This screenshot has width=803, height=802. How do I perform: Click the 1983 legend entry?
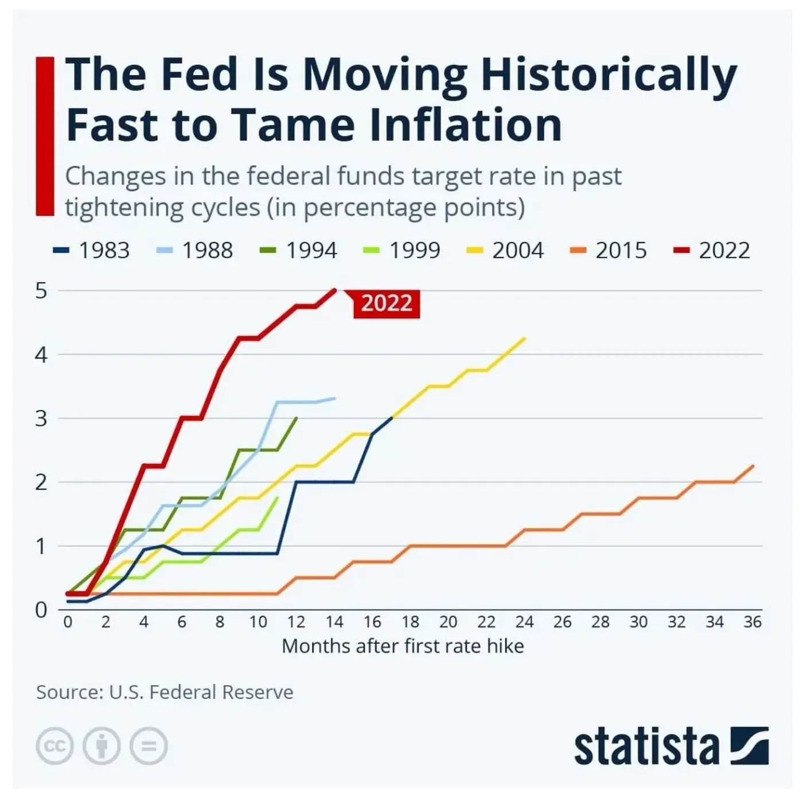[92, 251]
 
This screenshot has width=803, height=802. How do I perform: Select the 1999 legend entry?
[403, 251]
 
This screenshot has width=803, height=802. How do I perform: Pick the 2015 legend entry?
[609, 251]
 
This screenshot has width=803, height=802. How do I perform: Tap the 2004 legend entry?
[506, 251]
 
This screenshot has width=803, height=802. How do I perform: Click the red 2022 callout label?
[387, 303]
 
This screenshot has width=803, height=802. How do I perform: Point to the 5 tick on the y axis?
[41, 291]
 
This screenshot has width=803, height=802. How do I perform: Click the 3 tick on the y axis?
[41, 418]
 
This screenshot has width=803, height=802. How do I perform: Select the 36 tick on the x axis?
[752, 622]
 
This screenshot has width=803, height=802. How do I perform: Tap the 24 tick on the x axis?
[524, 622]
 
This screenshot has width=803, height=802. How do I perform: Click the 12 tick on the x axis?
[296, 622]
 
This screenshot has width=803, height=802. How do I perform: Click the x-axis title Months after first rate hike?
[403, 646]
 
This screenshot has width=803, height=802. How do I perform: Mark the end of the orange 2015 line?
[753, 465]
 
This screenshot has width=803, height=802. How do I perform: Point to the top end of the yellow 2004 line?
[525, 338]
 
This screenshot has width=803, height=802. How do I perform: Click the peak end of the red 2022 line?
[335, 290]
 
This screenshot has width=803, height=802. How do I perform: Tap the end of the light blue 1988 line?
[335, 398]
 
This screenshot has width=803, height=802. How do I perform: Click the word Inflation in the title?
[466, 124]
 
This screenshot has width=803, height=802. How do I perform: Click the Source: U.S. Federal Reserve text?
[165, 692]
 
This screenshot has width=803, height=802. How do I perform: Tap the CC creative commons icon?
[54, 746]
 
